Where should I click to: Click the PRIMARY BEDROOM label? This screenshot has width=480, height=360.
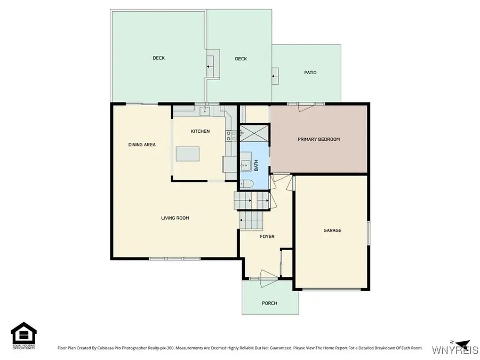click(318, 139)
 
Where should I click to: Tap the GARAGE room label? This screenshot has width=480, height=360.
click(332, 230)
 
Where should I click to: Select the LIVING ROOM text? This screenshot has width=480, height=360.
click(175, 218)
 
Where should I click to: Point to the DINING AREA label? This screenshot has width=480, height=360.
click(142, 144)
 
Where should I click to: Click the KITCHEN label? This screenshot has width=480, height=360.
click(200, 131)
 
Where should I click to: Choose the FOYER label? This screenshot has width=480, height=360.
click(267, 236)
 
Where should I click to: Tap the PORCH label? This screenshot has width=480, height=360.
click(269, 303)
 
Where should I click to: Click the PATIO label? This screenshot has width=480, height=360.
click(310, 73)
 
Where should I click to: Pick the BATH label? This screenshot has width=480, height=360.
click(256, 166)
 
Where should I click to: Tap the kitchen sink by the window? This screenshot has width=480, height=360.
click(204, 111)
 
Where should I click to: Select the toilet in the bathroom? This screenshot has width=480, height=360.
click(246, 184)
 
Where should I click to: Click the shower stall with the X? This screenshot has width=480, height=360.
click(252, 132)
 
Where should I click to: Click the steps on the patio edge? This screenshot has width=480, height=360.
click(275, 76)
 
